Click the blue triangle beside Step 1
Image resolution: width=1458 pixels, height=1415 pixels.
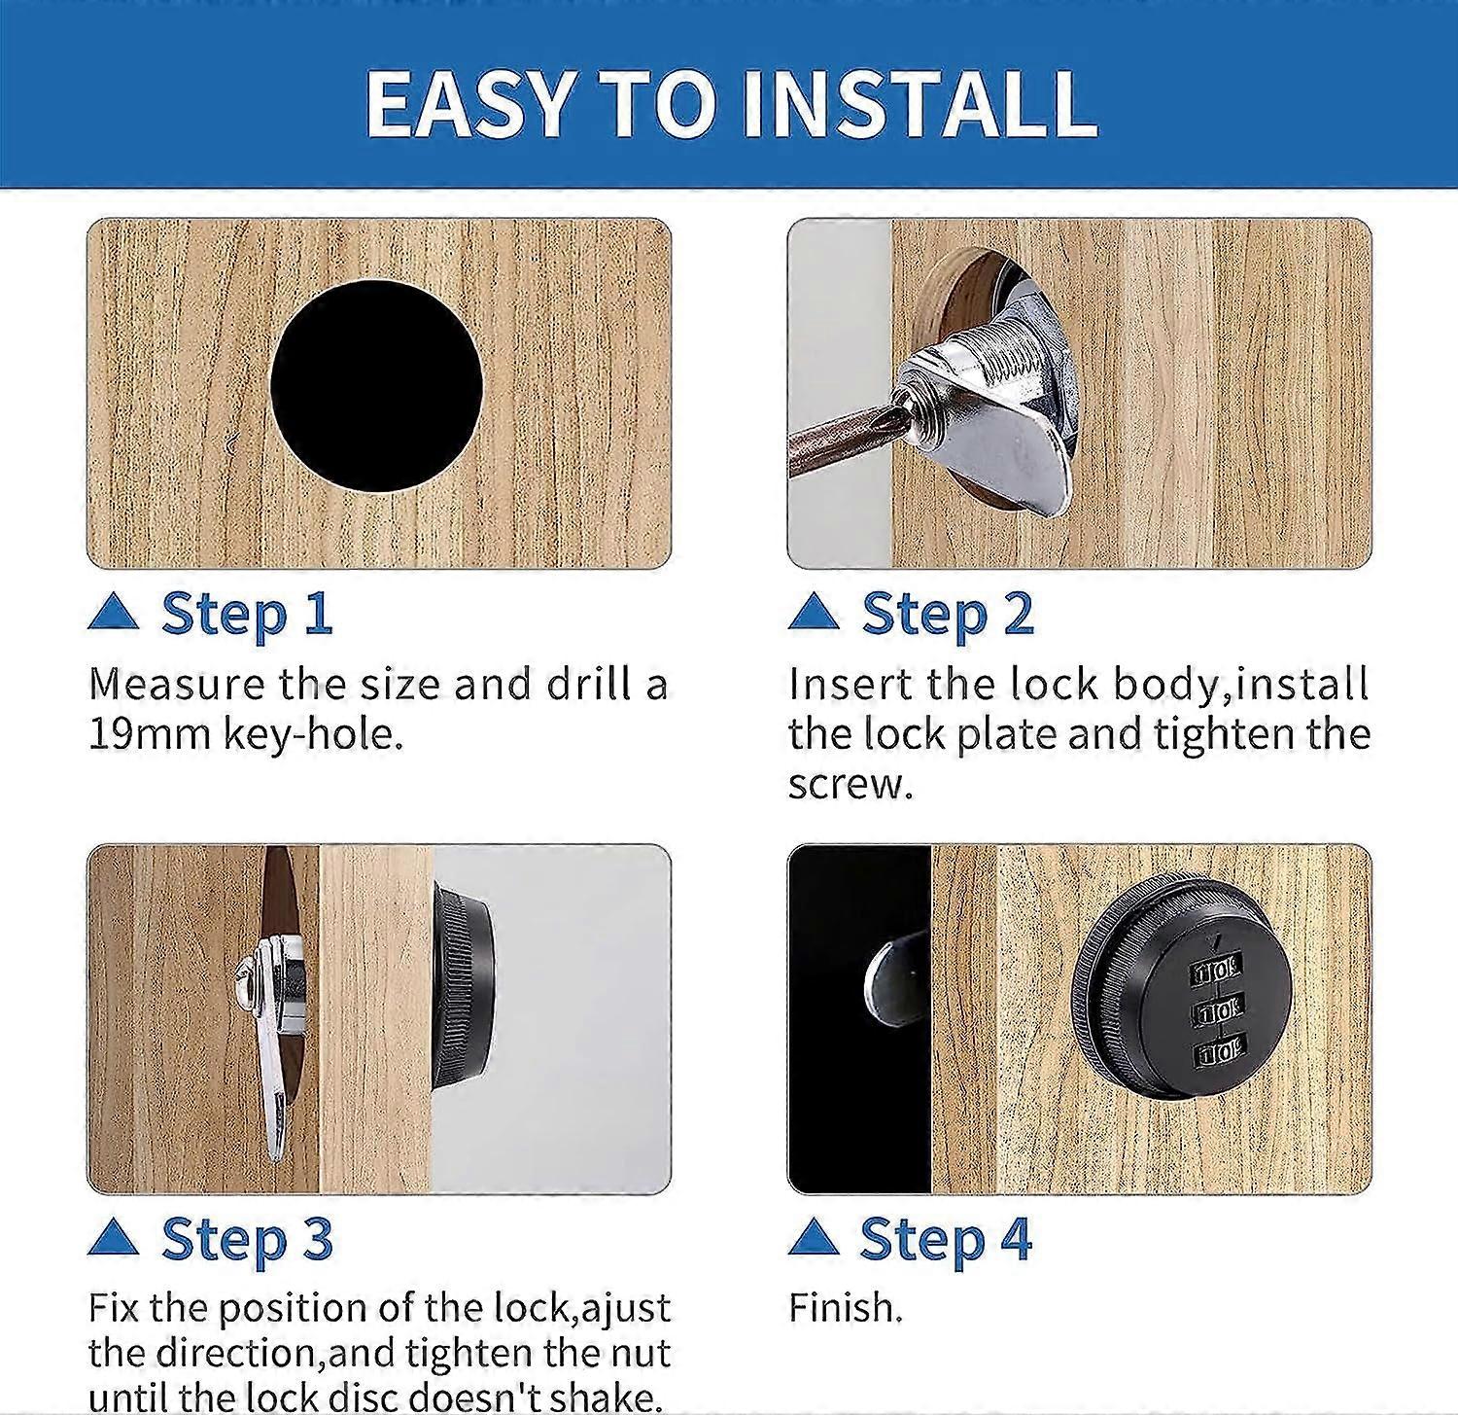(113, 613)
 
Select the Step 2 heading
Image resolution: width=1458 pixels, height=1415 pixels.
(948, 615)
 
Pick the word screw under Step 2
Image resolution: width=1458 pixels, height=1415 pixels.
(845, 785)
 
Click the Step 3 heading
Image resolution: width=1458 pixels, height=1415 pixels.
(247, 1240)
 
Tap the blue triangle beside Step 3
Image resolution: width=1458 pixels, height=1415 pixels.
(113, 1238)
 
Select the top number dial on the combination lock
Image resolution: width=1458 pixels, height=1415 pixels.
(1215, 970)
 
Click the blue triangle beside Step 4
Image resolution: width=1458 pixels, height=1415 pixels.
(814, 1238)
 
